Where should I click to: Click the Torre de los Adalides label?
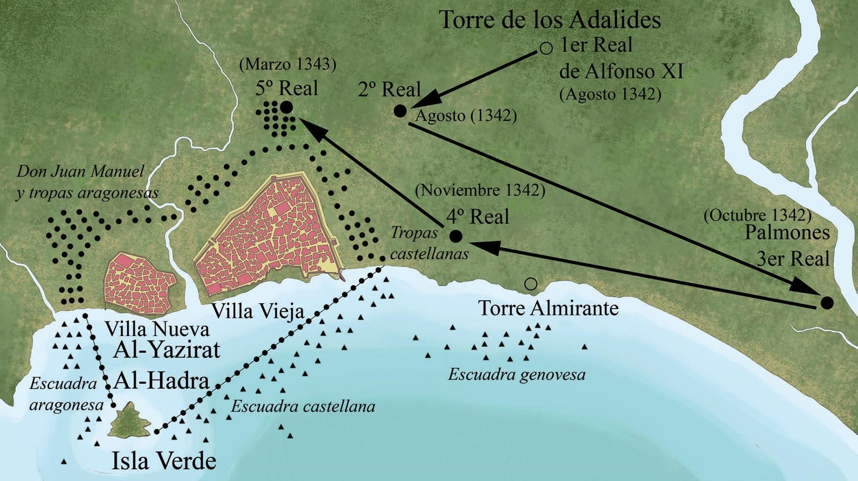click(x=550, y=20)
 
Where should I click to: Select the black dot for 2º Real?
click(x=400, y=111)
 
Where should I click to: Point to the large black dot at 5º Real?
click(x=286, y=107)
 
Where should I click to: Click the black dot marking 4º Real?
click(x=456, y=236)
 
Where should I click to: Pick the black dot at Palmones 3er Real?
click(x=827, y=303)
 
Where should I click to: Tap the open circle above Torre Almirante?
click(x=530, y=284)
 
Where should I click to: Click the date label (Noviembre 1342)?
click(x=480, y=190)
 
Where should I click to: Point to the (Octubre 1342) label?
click(x=757, y=215)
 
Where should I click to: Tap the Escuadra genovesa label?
click(x=516, y=374)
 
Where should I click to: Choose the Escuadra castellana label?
click(x=303, y=406)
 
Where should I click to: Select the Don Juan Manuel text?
click(x=80, y=171)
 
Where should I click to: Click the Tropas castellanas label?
click(x=424, y=243)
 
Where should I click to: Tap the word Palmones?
click(x=787, y=233)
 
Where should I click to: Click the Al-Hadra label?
click(x=161, y=381)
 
